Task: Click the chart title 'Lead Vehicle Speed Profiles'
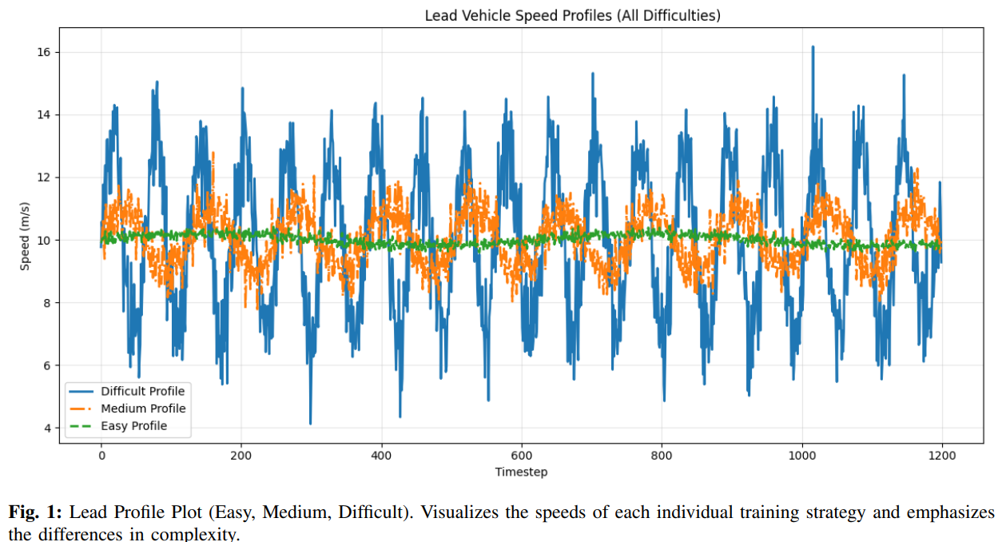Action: point(571,15)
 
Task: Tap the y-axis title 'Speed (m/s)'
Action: point(26,239)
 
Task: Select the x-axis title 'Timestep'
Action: point(521,472)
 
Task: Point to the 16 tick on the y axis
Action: point(45,52)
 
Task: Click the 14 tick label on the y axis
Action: point(45,115)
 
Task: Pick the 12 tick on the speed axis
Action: point(45,177)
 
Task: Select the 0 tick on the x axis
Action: point(101,455)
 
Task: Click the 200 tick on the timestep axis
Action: point(241,455)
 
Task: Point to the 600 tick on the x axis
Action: point(521,455)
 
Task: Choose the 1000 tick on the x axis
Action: point(801,455)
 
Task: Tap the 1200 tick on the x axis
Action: point(942,455)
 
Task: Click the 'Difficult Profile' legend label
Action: point(142,392)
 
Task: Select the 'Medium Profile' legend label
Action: point(142,408)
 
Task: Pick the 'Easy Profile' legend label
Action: point(133,426)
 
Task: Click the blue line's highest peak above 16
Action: point(813,47)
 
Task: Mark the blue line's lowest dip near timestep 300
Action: point(310,423)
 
